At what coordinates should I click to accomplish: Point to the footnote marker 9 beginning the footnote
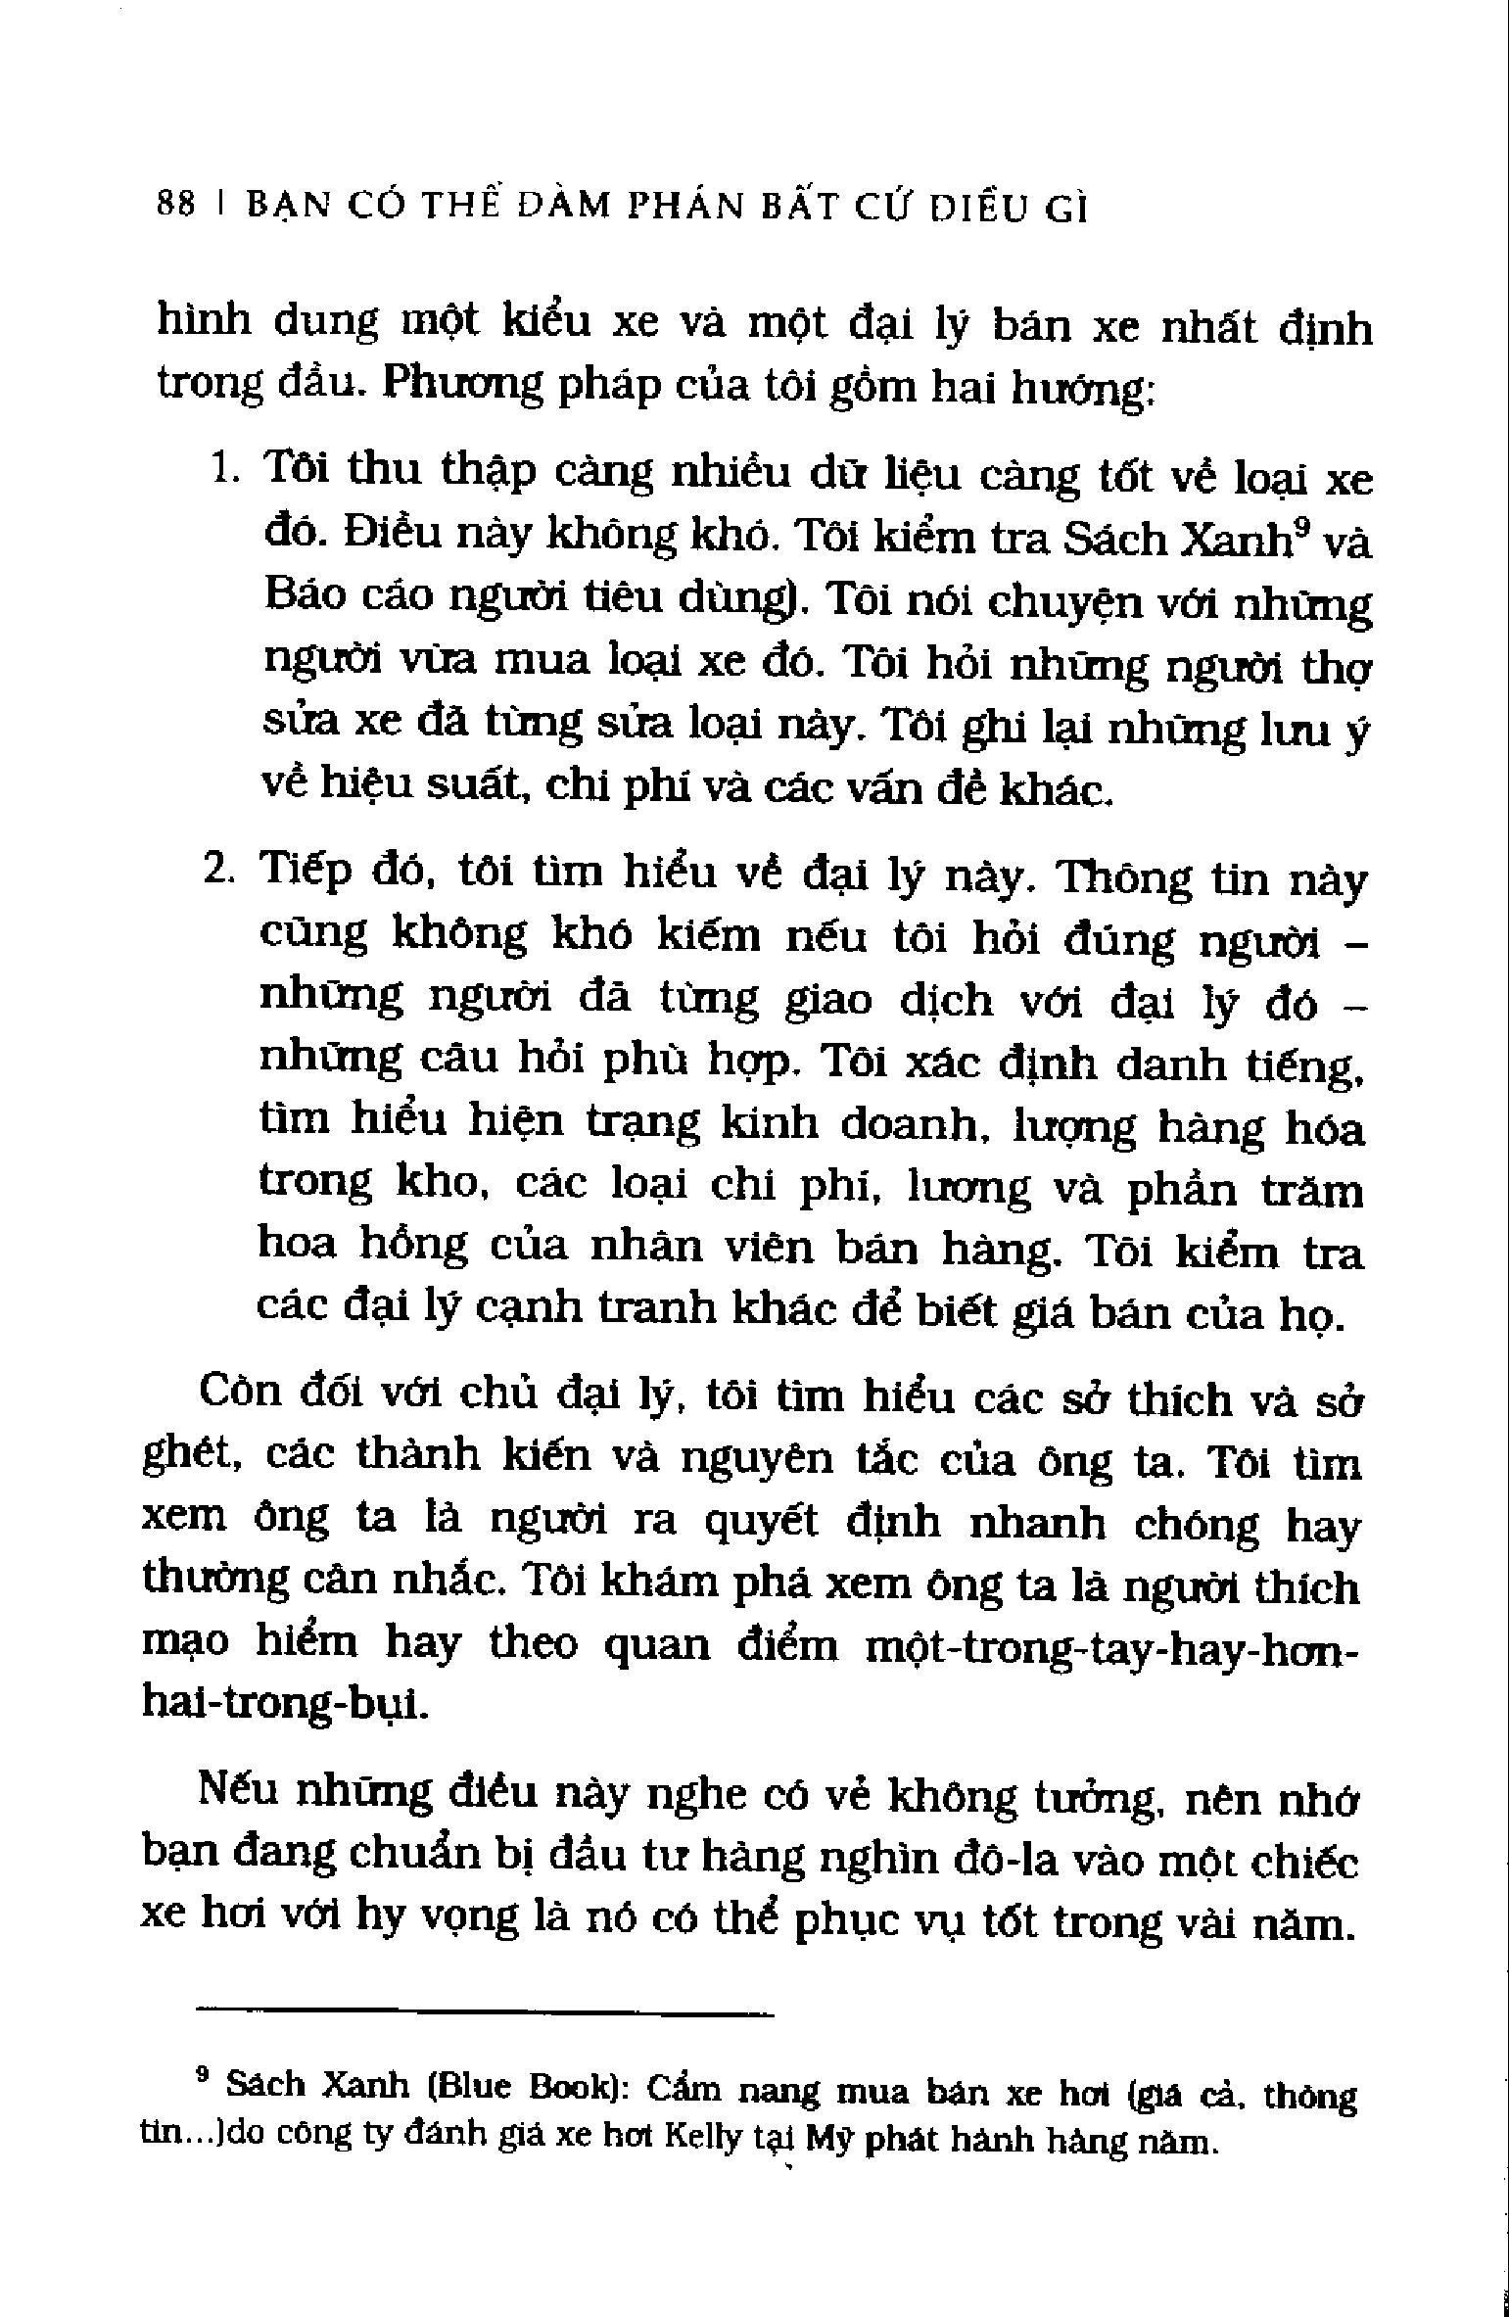pyautogui.click(x=204, y=2070)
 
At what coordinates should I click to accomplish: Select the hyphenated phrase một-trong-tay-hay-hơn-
pyautogui.click(x=1111, y=1647)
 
